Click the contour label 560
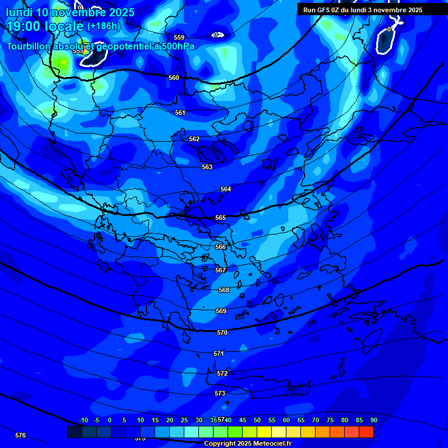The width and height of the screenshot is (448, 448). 174,78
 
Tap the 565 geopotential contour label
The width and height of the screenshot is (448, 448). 220,218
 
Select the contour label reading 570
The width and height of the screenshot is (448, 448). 222,332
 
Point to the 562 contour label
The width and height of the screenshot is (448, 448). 194,139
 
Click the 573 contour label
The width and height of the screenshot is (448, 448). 220,394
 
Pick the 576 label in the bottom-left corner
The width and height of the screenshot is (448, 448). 20,435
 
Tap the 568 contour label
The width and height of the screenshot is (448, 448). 224,290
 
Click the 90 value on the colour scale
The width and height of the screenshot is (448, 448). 373,420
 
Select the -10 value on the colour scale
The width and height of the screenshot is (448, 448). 83,420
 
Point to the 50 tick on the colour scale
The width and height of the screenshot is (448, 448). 257,420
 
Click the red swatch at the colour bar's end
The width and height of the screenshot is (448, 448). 366,432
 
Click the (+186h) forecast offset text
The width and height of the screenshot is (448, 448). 104,26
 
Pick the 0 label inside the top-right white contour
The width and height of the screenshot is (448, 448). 389,29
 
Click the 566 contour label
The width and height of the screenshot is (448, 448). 220,247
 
